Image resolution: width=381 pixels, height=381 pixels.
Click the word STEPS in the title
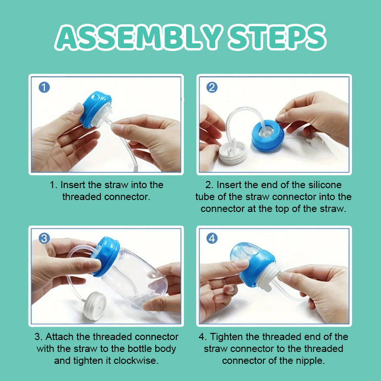[x=277, y=37]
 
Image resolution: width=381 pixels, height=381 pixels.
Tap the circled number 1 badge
[x=44, y=87]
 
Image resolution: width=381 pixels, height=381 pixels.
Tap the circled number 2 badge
[x=212, y=87]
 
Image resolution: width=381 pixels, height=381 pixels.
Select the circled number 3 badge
[x=44, y=239]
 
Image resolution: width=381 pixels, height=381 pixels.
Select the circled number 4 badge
[x=212, y=239]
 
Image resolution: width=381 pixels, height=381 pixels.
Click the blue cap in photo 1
[x=95, y=110]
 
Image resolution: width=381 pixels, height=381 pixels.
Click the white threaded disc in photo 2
[x=233, y=153]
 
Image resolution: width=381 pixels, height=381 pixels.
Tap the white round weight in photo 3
[x=95, y=306]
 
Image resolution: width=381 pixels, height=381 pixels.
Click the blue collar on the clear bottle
[x=106, y=257]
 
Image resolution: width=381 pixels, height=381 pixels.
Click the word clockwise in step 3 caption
[x=136, y=361]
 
